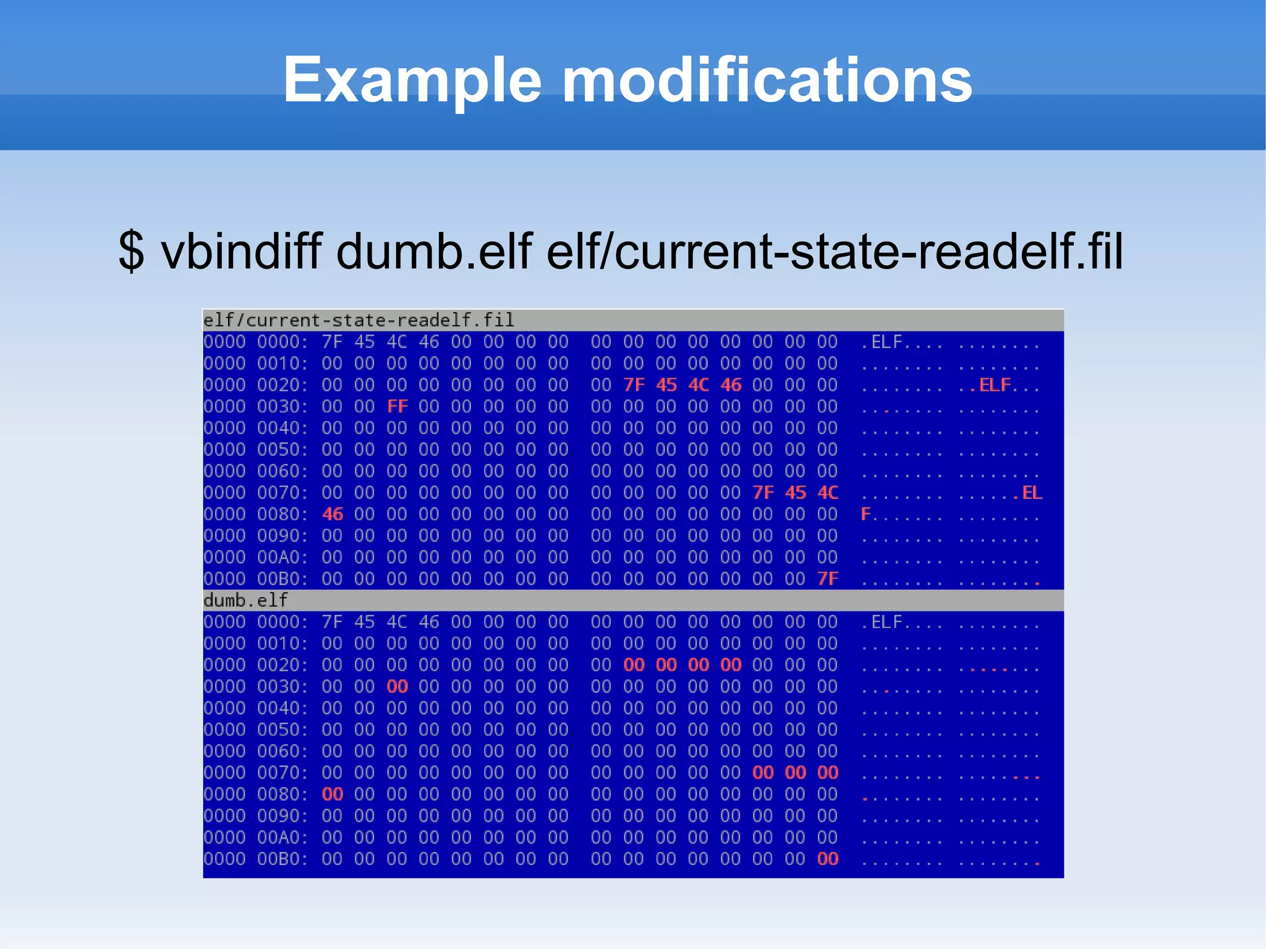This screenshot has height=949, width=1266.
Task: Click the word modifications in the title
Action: pos(767,80)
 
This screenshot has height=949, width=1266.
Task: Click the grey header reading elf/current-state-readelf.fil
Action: pos(359,320)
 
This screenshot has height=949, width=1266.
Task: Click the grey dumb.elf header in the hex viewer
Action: pos(245,600)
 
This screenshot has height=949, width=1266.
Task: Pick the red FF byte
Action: pos(397,406)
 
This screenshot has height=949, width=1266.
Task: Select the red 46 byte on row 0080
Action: pos(333,514)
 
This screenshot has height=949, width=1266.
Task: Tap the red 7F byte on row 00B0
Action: pos(828,579)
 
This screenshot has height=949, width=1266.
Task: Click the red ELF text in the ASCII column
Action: pos(995,385)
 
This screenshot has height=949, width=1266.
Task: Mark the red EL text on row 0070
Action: pos(1032,493)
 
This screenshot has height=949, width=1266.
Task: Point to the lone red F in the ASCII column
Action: pos(865,514)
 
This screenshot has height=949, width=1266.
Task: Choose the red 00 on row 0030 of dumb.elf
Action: pos(397,686)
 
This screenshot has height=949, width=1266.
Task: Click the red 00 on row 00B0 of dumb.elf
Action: pos(828,859)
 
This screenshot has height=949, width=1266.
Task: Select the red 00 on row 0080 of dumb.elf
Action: pos(333,794)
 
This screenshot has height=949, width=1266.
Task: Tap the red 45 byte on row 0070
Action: pos(796,493)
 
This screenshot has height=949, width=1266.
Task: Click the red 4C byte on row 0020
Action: pos(699,385)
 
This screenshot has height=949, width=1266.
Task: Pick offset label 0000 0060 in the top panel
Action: pos(255,471)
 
